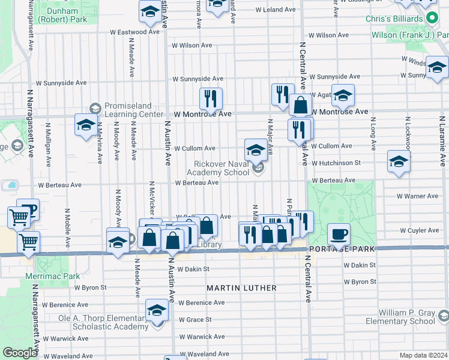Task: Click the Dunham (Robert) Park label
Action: coord(58,15)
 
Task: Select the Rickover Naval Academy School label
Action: coord(221,168)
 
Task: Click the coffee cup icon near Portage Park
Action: coord(339,234)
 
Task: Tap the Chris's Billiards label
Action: coord(397,19)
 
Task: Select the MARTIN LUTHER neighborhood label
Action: coord(241,288)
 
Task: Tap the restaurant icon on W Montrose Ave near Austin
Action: coord(210,98)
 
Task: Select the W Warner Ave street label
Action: coord(418,196)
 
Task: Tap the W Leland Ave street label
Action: coord(276,10)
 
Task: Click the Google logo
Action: coord(20,353)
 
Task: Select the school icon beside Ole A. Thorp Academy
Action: coord(157,311)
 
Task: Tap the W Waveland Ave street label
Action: coord(71,356)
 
